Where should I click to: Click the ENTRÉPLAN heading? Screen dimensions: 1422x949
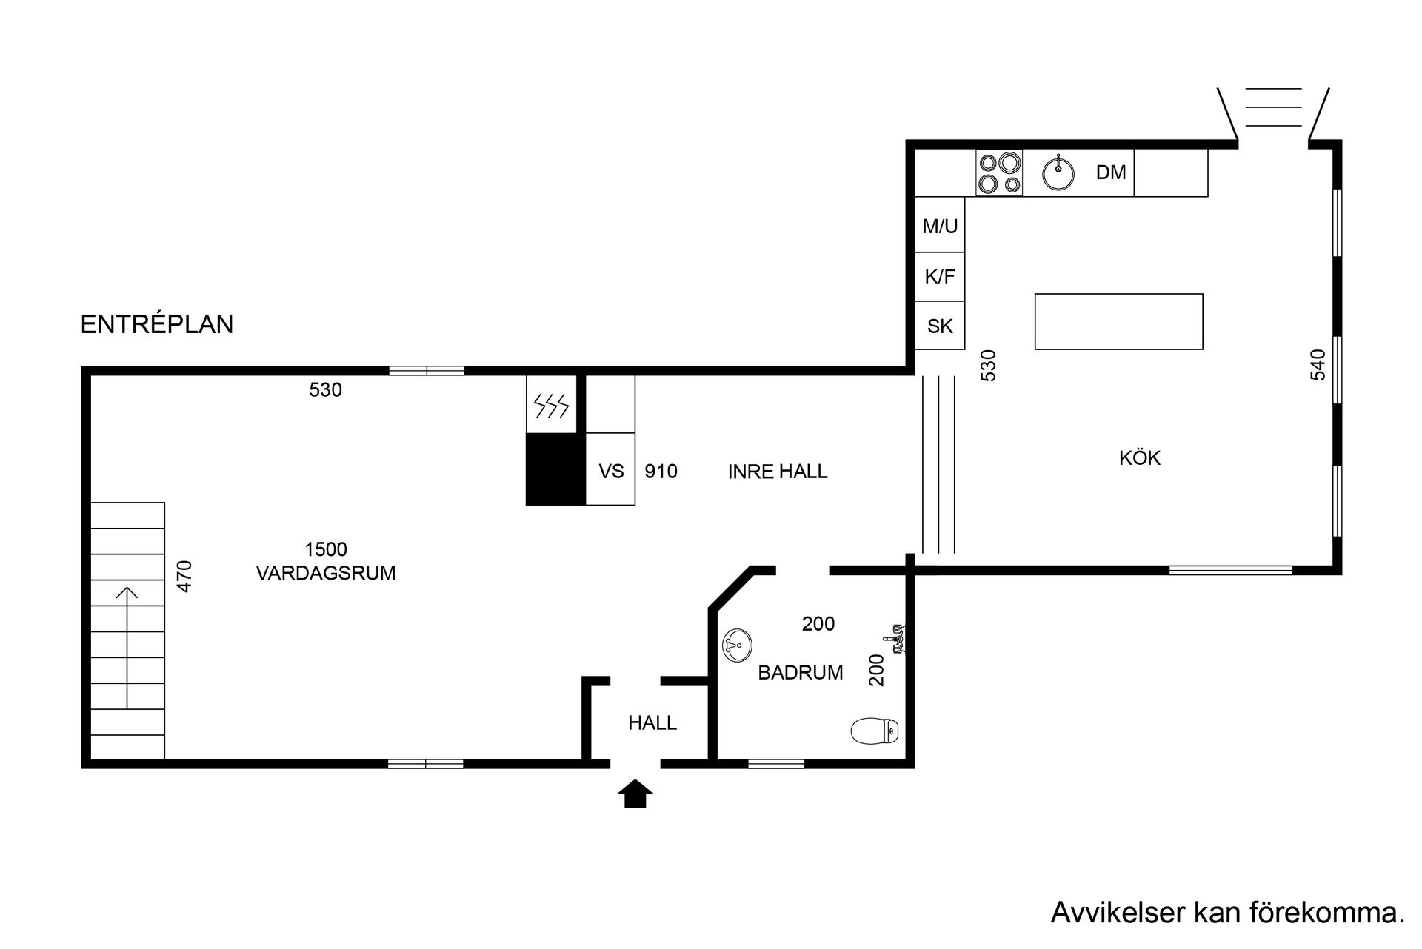pos(157,324)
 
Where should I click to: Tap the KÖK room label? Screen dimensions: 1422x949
pos(1140,457)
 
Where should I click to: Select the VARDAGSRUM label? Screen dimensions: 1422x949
pos(326,573)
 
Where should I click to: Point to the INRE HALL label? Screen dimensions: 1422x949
pos(778,472)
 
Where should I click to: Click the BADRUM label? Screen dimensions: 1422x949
pos(801,673)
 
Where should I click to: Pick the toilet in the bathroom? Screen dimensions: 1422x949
pos(875,731)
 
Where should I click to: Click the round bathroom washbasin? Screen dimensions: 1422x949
pos(737,645)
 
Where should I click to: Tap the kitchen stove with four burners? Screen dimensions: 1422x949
pos(999,172)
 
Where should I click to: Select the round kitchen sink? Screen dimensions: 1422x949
pos(1059,173)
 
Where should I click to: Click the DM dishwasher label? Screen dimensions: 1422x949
pos(1111,172)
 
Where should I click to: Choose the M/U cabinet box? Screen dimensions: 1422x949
pos(940,224)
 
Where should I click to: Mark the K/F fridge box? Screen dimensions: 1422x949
pos(940,277)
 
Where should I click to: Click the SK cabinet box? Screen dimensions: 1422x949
pos(940,325)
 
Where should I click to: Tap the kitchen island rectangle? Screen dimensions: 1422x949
pos(1118,321)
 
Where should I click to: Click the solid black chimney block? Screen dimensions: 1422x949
pos(555,469)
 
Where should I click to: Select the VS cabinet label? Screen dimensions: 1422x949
pos(611,472)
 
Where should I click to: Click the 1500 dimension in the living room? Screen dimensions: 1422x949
pos(326,549)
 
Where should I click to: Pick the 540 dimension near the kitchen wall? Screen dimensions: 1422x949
pos(1318,364)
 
